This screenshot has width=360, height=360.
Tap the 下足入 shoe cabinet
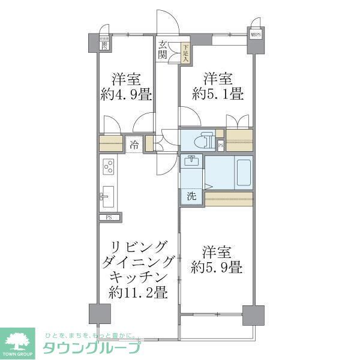point(185,55)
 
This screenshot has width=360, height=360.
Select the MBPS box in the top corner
point(256,35)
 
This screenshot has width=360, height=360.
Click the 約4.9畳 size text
point(126,94)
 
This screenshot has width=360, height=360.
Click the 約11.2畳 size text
point(138,293)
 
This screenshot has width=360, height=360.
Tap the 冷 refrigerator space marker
point(134,145)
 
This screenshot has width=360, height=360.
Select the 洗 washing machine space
point(191,196)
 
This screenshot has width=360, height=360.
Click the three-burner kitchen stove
point(109,165)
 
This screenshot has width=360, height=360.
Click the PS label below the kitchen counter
point(109,217)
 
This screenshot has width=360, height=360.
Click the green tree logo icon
point(19,340)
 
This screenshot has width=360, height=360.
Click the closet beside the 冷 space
point(112,144)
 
